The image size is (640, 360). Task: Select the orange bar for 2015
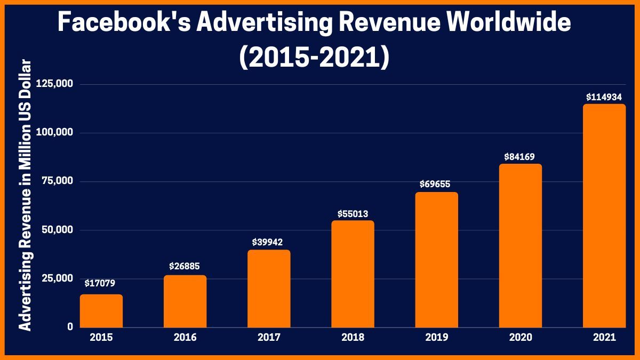pyautogui.click(x=101, y=311)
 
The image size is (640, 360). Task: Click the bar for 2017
pyautogui.click(x=269, y=289)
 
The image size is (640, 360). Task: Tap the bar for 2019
pyautogui.click(x=436, y=260)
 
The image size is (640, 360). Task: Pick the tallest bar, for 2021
pyautogui.click(x=604, y=215)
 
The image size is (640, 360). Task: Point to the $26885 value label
pyautogui.click(x=185, y=266)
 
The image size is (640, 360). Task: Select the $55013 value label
pyautogui.click(x=353, y=213)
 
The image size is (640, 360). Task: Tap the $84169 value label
pyautogui.click(x=520, y=157)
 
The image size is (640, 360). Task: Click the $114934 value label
pyautogui.click(x=604, y=97)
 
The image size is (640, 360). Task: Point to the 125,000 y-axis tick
pyautogui.click(x=54, y=84)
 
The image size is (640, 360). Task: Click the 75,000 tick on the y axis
pyautogui.click(x=57, y=181)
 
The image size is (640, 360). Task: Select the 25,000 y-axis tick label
pyautogui.click(x=57, y=278)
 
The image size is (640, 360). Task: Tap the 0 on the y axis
pyautogui.click(x=70, y=327)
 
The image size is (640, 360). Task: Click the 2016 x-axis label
pyautogui.click(x=185, y=338)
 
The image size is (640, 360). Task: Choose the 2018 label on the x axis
pyautogui.click(x=353, y=338)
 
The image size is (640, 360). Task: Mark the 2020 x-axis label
pyautogui.click(x=520, y=338)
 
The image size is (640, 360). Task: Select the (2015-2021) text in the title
pyautogui.click(x=314, y=57)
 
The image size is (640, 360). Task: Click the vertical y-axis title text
pyautogui.click(x=25, y=196)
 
